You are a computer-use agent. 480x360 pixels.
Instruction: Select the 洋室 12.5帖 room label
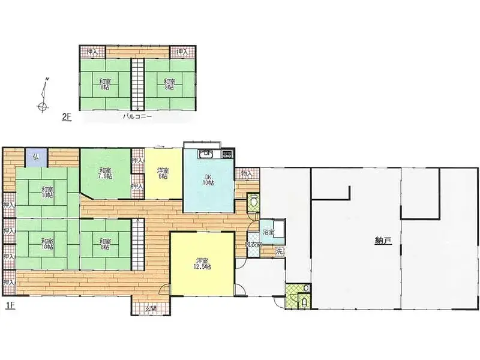(202, 263)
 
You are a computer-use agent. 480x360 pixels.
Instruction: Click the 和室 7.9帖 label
(106, 173)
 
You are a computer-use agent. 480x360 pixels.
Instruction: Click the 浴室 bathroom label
(268, 232)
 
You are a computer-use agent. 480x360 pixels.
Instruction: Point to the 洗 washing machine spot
(278, 251)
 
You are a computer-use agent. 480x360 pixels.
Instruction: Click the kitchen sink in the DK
(206, 153)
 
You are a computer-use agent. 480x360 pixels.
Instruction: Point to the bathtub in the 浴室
(278, 229)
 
